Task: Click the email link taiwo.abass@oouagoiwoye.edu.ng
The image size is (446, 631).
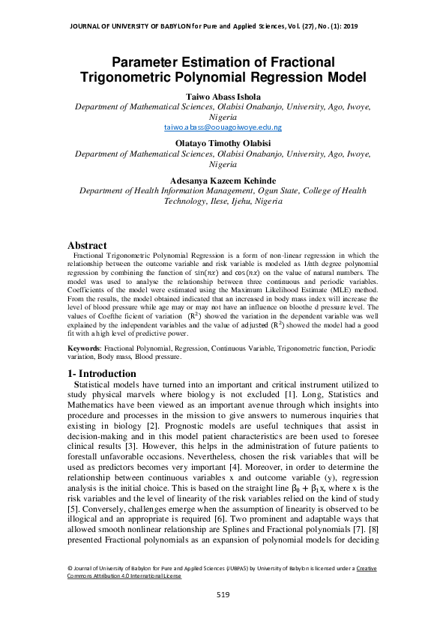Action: click(223, 128)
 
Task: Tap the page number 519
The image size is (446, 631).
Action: click(223, 595)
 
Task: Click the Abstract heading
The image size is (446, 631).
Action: click(87, 245)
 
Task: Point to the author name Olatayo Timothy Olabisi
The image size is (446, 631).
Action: click(223, 142)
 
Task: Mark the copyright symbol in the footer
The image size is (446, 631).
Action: click(70, 569)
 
